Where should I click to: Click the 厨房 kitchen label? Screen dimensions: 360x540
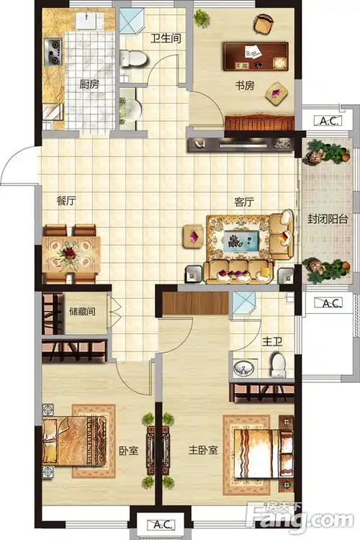point(89,84)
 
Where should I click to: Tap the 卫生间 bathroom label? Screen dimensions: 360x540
point(166,38)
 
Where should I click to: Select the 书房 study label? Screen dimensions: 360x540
point(245,86)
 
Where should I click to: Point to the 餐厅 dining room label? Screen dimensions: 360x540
point(66,200)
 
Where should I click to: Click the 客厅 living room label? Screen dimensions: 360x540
point(244,202)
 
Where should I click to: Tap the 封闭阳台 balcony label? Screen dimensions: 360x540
point(328,219)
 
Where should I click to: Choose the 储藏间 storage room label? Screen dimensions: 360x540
point(82,311)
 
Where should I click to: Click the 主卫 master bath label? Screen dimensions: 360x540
point(272,341)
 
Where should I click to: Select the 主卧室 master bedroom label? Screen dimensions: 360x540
point(203,450)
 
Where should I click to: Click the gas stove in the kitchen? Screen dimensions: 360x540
point(53,52)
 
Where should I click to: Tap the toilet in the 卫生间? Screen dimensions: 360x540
point(134,59)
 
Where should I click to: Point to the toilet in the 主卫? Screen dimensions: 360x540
point(278,365)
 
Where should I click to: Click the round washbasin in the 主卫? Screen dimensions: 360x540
point(243,368)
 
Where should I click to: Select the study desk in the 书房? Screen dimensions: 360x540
point(256,56)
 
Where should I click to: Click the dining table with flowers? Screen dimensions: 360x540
point(71,254)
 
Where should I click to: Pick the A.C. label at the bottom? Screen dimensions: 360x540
point(161,524)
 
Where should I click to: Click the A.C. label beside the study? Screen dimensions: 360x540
point(328,120)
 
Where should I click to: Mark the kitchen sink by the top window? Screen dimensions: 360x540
point(87,20)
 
